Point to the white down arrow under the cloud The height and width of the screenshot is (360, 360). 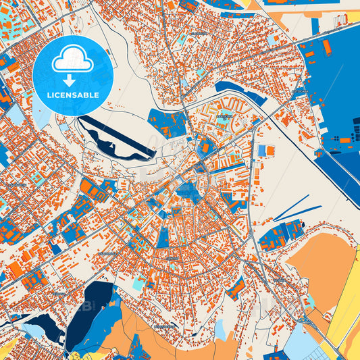click(x=72, y=79)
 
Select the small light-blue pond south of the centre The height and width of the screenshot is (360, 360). click(x=220, y=329)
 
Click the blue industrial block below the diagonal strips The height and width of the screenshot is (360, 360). click(x=280, y=234)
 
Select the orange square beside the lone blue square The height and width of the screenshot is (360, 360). click(x=272, y=150)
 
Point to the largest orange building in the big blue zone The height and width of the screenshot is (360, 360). click(x=327, y=47)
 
